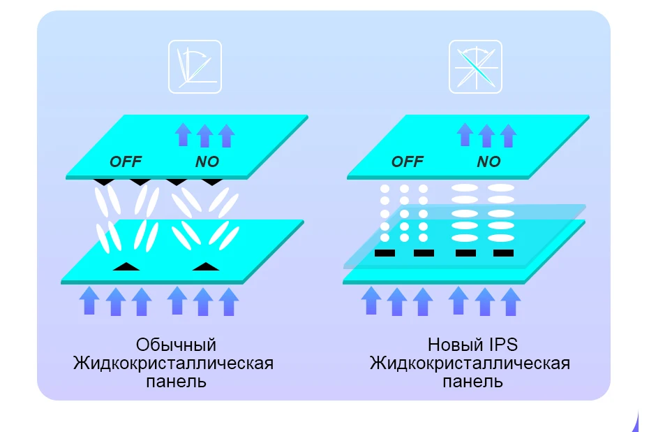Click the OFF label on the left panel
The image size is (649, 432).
(126, 161)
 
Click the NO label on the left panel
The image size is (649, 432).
(207, 161)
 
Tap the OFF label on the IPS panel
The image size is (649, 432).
(407, 161)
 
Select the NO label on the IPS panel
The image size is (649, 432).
(488, 161)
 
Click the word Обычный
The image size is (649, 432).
(176, 345)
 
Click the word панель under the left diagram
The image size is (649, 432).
(176, 382)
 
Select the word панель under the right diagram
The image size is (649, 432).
(472, 382)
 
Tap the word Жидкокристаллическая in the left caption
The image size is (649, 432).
(173, 363)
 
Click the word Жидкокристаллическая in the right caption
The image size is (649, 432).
(470, 363)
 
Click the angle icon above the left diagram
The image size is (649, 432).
(195, 67)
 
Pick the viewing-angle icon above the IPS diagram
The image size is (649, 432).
(475, 67)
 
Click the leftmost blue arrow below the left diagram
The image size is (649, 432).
(89, 301)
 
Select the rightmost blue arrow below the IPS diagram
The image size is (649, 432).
(511, 301)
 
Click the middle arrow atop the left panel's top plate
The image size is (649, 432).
(204, 134)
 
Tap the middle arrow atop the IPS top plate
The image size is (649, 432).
(486, 134)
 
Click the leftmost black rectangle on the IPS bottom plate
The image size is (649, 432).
(385, 252)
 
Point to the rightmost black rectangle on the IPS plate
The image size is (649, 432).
(503, 252)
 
